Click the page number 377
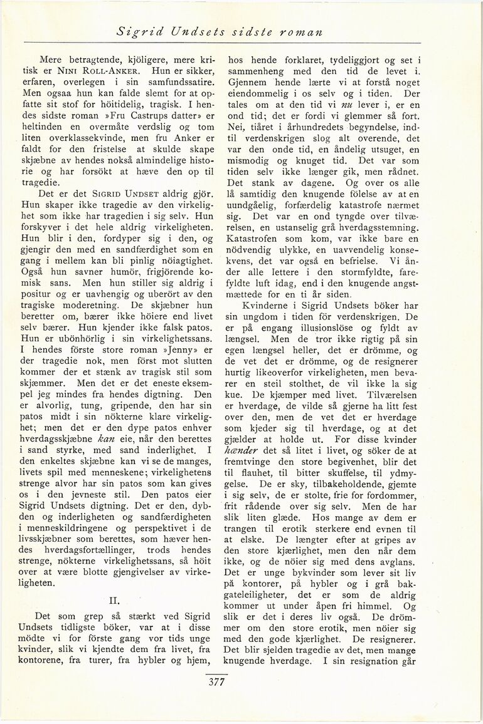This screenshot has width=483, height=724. [216, 682]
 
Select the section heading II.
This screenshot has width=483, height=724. [114, 599]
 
